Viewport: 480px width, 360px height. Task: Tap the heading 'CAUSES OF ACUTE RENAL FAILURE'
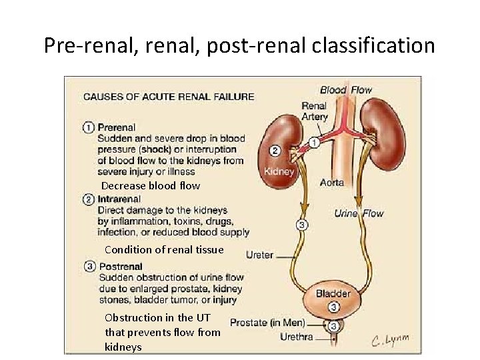pos(168,96)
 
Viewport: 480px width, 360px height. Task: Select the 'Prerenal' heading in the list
pos(117,127)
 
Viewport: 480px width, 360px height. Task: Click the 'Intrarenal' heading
pos(119,199)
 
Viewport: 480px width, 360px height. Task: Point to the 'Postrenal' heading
pos(121,267)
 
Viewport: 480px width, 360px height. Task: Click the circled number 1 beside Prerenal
pos(89,127)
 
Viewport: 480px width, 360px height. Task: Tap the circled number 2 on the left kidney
pos(276,151)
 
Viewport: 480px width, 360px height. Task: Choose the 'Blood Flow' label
pos(346,90)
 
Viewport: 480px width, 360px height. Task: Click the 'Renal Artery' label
pos(315,111)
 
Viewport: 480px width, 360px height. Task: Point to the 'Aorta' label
pos(332,183)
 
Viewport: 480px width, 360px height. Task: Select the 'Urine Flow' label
pos(359,213)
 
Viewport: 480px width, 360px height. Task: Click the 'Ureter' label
pos(260,255)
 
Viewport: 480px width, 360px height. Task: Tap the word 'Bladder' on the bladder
pos(333,293)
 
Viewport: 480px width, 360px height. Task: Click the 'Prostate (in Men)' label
pos(267,323)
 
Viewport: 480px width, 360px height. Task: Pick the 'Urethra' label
pos(297,337)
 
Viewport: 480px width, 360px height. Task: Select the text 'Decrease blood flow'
pos(151,186)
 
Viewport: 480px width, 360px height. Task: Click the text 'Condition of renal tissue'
pos(164,250)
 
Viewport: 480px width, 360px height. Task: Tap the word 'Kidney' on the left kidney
pos(279,171)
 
